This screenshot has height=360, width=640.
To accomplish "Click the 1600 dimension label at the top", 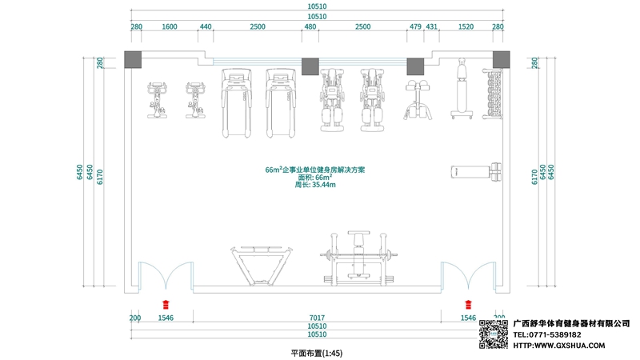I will [170, 26].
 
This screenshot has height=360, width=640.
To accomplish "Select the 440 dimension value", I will [206, 26].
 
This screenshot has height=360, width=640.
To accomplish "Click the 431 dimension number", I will [432, 26].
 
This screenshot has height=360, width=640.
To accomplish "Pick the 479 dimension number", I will [415, 26].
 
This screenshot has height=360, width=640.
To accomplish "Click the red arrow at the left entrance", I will [166, 303].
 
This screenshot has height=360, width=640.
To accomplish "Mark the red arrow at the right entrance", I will [469, 303].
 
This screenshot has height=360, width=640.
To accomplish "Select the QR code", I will [494, 334].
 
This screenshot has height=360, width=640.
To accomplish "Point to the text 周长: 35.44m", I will [315, 185].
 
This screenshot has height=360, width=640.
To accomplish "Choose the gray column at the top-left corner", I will [134, 60].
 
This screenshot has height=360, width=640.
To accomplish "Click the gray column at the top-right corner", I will [501, 60].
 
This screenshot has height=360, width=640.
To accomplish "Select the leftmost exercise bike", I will [156, 99].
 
